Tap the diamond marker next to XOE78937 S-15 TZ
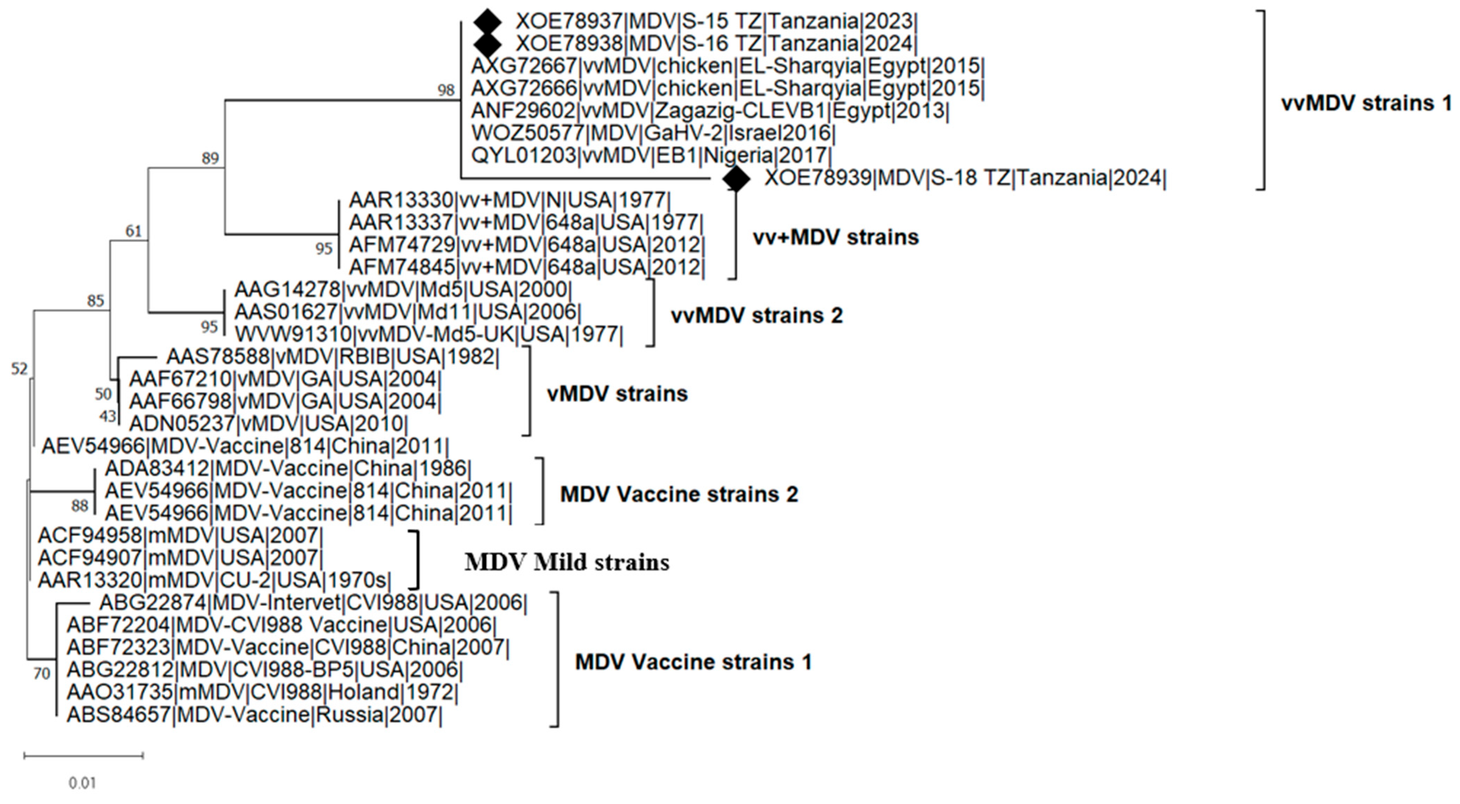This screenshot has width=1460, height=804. coord(488,22)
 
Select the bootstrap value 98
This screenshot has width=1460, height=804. coord(446,89)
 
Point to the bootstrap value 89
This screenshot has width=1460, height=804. coord(210,158)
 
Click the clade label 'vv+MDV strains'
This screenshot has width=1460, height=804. coord(835,237)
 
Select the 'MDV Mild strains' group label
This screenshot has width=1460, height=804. coord(567,562)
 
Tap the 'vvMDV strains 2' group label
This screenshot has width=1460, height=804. coord(757,316)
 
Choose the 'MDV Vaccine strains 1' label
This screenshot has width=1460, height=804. coord(693,662)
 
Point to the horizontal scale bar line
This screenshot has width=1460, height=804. coord(83,755)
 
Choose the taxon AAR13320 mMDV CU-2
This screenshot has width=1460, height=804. coord(214,580)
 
